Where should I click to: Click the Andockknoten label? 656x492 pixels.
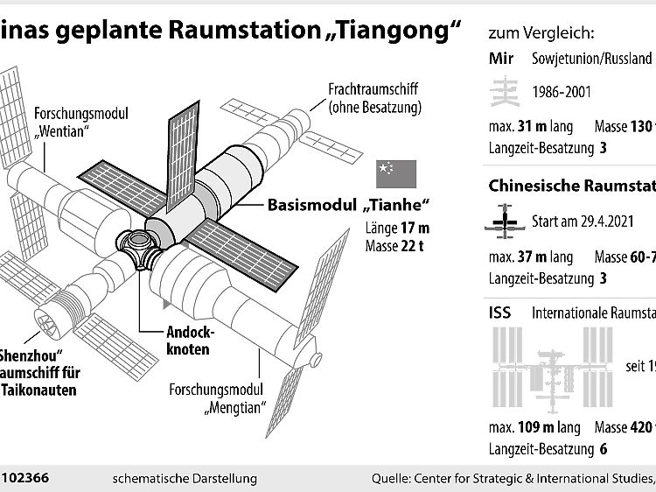pyautogui.click(x=189, y=341)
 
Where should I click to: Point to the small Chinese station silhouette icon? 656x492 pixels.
pyautogui.click(x=501, y=222)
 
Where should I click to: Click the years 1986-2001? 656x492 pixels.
pyautogui.click(x=563, y=92)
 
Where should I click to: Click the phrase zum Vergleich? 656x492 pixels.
pyautogui.click(x=543, y=34)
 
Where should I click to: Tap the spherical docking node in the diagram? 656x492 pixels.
pyautogui.click(x=136, y=244)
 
